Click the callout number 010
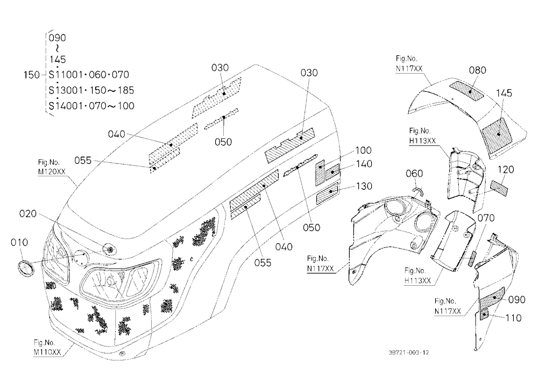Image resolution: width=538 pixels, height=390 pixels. pos(19,243)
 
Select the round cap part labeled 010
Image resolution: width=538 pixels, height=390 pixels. pos(26,268)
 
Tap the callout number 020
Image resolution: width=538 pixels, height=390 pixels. pos(28,214)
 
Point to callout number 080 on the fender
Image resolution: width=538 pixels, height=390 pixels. pos(477,70)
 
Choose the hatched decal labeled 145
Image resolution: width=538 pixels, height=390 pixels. pos(497,135)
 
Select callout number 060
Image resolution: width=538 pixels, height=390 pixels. pos(414,174)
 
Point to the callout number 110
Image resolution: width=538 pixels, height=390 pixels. pos(513,318)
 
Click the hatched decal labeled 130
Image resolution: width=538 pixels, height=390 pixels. pos(327,194)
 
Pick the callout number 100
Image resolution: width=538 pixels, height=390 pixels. pos(363,150)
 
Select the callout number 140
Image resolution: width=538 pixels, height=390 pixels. pos(364,164)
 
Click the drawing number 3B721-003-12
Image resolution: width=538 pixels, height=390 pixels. pos(409,352)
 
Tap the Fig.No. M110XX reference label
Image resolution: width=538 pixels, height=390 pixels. pos(47,348)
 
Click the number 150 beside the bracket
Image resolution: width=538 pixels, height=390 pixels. pos(32,75)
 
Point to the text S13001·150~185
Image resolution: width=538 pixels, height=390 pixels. pos(91,90)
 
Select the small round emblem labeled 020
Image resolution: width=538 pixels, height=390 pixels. pos(110,249)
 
